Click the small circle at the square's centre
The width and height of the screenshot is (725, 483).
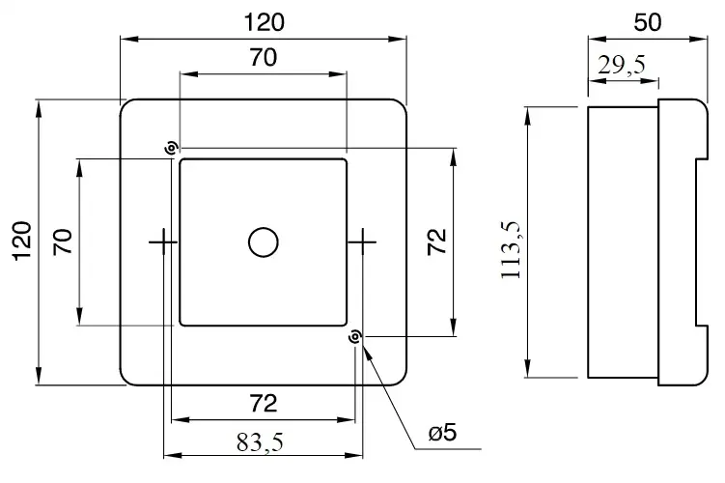[x=263, y=241]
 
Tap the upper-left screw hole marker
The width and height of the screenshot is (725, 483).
[x=171, y=148]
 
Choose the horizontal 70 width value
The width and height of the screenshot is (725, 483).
[x=263, y=58]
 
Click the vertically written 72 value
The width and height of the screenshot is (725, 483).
[x=435, y=241]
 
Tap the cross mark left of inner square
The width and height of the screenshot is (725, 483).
[x=162, y=241]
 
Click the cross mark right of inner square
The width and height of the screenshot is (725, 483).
[x=362, y=241]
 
